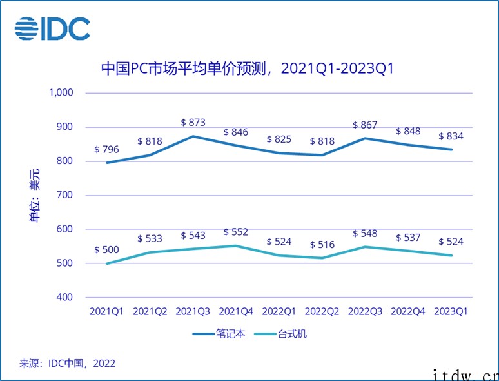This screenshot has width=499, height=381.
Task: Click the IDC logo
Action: pyautogui.click(x=52, y=28)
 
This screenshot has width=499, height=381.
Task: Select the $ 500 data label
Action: pyautogui.click(x=106, y=250)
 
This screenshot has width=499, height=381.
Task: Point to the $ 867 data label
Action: pyautogui.click(x=364, y=125)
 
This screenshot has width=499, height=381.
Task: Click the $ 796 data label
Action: pyautogui.click(x=106, y=149)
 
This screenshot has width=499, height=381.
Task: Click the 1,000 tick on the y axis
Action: pyautogui.click(x=61, y=92)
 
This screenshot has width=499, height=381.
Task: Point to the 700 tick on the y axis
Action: pyautogui.click(x=66, y=195)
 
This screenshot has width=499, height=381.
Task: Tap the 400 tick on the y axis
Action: pyautogui.click(x=66, y=298)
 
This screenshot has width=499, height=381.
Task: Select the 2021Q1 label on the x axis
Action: pyautogui.click(x=106, y=311)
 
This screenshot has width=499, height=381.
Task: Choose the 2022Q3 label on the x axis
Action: pyautogui.click(x=365, y=311)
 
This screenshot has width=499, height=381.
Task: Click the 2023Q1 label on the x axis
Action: pyautogui.click(x=451, y=311)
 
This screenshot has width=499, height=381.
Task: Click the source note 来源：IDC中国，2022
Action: pyautogui.click(x=68, y=363)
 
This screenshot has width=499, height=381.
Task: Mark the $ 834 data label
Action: pyautogui.click(x=451, y=136)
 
